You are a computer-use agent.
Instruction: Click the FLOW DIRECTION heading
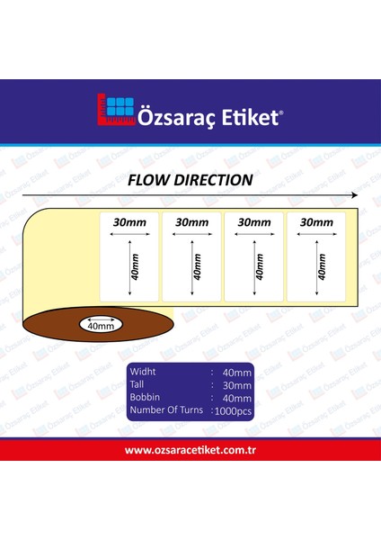click(x=190, y=180)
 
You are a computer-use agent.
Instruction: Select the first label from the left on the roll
click(x=128, y=256)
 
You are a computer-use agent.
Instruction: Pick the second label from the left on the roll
click(x=190, y=256)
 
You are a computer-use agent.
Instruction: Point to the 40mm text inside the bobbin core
click(x=101, y=325)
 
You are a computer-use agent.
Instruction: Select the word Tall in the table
click(x=137, y=384)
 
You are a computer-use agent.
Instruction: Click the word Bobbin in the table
click(x=145, y=397)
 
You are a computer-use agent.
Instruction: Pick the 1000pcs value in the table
click(x=233, y=411)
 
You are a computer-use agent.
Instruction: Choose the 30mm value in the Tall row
click(x=236, y=385)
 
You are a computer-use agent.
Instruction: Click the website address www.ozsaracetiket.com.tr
click(x=190, y=450)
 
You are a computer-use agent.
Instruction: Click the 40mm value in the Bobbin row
click(x=236, y=398)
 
